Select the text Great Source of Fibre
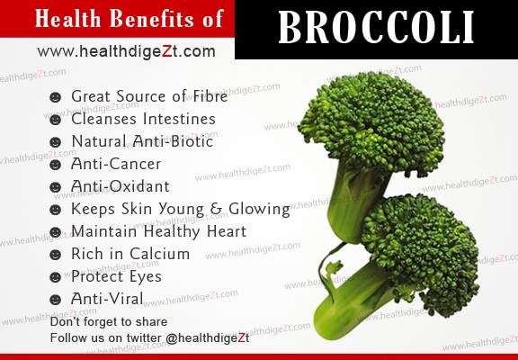point(149,96)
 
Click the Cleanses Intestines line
point(144,119)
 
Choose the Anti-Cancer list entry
point(117,164)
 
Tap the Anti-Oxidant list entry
point(121,186)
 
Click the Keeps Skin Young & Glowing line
point(181,209)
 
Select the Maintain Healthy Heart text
point(158,231)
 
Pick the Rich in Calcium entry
point(130,254)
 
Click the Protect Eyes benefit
point(117,276)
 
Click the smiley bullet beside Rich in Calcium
point(56,255)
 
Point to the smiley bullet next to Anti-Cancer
point(56,165)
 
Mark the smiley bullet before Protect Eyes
point(56,277)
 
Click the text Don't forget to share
point(109,321)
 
